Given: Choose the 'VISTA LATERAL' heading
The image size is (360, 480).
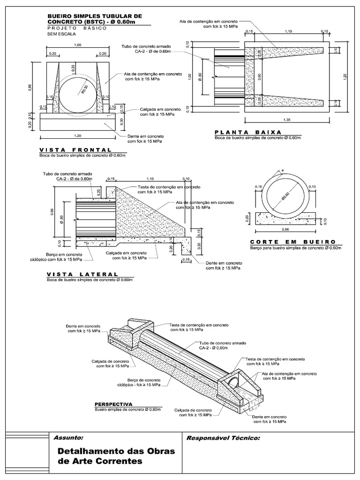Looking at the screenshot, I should [82, 274].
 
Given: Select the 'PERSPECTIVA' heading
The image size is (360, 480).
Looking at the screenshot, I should [113, 404].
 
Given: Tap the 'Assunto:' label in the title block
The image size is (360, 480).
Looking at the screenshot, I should [69, 438].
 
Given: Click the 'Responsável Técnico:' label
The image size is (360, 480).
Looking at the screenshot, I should [223, 438].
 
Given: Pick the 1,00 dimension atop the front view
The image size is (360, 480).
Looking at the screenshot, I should [78, 45].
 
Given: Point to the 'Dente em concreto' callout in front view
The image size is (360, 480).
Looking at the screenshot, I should [145, 138].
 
